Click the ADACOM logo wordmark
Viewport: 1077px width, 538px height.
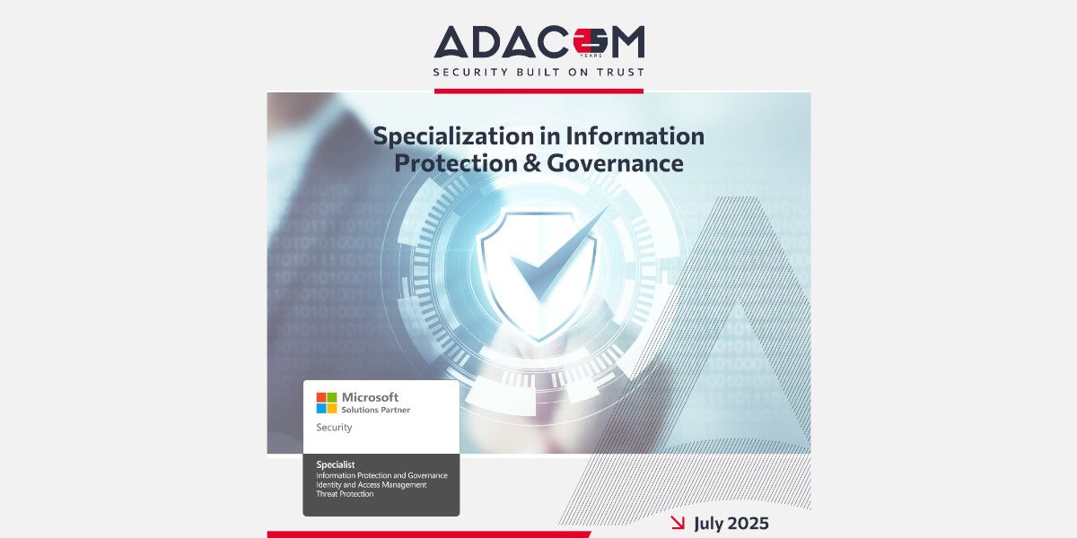(x=539, y=42)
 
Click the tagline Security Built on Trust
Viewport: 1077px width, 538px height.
(x=539, y=73)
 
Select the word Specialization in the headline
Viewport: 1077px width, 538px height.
(x=452, y=136)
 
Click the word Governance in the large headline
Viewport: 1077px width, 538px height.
(x=615, y=163)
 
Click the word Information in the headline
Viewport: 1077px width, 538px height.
(x=635, y=135)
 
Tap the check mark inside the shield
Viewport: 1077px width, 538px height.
(x=557, y=255)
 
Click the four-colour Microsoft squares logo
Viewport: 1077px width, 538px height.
(x=327, y=403)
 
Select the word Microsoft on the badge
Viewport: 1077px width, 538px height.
(x=370, y=397)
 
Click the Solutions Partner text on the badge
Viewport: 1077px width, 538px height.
(x=375, y=410)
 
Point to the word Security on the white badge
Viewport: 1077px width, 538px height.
(x=334, y=427)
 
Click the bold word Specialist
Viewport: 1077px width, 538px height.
(x=335, y=464)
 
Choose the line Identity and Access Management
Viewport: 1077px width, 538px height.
(x=372, y=485)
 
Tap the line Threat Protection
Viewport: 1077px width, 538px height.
(x=345, y=494)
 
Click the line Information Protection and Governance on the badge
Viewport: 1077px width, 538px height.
(x=381, y=475)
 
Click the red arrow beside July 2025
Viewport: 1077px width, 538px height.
(x=678, y=523)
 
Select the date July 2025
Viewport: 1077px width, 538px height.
(x=731, y=523)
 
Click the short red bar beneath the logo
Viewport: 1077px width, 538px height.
(x=538, y=91)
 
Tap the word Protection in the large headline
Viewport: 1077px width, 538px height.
(x=456, y=163)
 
